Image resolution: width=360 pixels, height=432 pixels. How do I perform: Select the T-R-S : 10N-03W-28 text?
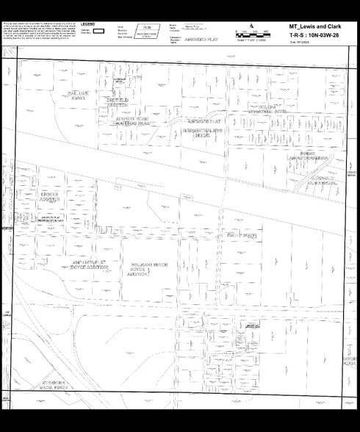tap(312, 35)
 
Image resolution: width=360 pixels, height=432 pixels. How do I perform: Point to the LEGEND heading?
tap(88, 24)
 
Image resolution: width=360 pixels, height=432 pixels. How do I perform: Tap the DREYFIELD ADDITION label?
tap(121, 101)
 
